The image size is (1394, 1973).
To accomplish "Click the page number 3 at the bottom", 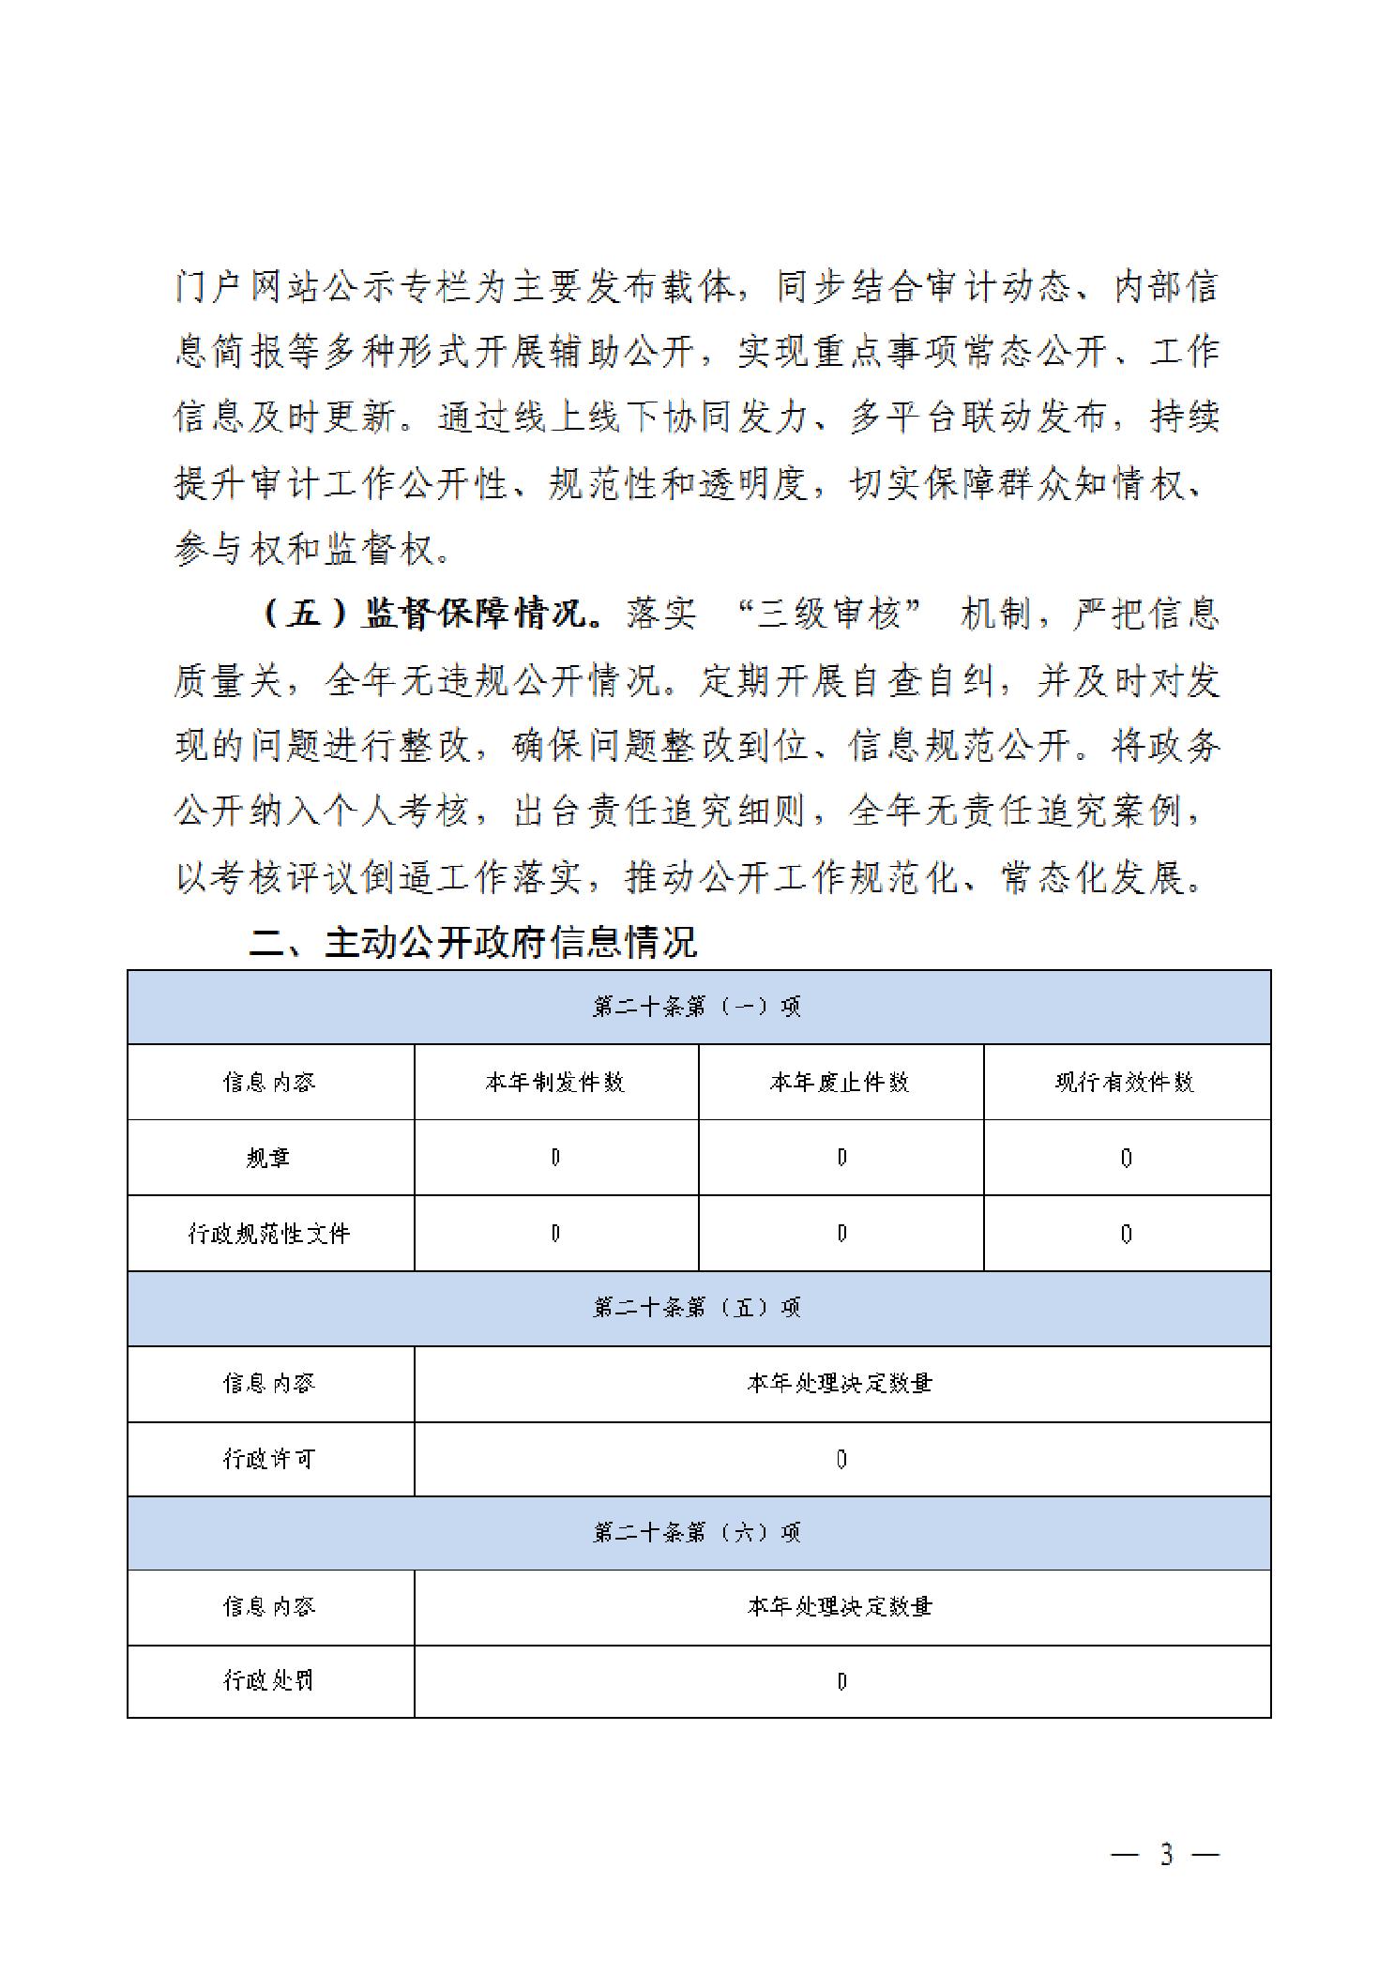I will click(1166, 1855).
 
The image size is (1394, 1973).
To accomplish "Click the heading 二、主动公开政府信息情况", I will click(473, 942).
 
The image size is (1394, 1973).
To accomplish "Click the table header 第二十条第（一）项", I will click(698, 1007).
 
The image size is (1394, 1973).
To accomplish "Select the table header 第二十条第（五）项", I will click(698, 1308).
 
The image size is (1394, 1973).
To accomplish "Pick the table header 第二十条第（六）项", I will click(698, 1533).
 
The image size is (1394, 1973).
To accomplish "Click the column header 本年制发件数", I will click(555, 1083).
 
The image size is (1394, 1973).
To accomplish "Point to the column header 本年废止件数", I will click(841, 1083).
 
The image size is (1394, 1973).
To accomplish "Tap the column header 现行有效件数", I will click(1126, 1083).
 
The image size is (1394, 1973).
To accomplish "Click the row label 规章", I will click(269, 1158).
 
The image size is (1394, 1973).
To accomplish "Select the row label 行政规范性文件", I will click(269, 1234).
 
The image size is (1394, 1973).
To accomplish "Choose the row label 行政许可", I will click(269, 1459).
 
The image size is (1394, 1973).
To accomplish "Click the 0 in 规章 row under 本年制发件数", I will click(555, 1159).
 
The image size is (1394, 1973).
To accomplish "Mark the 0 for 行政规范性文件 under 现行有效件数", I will click(1126, 1235).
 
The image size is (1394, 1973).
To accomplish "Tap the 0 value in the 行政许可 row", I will click(841, 1460).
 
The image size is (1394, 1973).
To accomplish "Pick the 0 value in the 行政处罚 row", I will click(841, 1681).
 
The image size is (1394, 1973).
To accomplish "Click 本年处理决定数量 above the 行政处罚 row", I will click(841, 1607).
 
